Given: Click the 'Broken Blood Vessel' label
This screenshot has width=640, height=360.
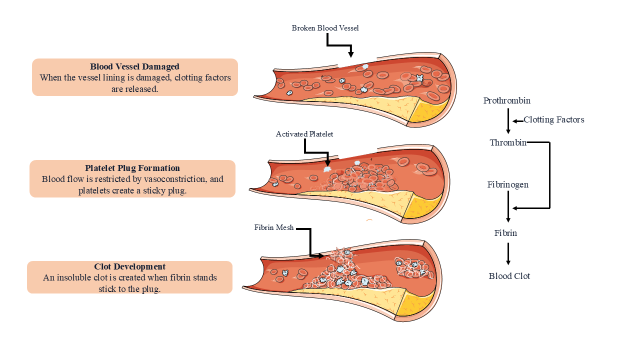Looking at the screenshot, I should [325, 28].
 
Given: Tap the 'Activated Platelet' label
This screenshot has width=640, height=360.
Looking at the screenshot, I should [304, 134].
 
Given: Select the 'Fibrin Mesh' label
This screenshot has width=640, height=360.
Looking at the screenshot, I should [273, 227].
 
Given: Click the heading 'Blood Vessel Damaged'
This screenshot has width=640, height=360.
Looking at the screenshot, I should [134, 66].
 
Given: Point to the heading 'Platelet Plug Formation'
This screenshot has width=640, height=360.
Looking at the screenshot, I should [132, 168].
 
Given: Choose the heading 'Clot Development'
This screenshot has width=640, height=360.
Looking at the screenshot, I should [129, 266].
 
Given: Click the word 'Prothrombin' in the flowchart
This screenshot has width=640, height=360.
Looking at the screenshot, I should [506, 100].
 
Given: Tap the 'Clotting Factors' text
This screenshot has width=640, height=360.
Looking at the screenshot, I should [553, 119].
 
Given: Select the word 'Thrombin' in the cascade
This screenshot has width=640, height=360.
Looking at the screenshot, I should [507, 142].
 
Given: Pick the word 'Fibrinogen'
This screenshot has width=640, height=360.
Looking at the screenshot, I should [507, 184].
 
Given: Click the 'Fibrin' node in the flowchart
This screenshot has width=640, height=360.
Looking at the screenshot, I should [505, 233].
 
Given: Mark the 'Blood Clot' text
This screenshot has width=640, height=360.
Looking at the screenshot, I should [509, 276].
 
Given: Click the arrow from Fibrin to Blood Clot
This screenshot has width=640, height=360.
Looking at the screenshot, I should [508, 254].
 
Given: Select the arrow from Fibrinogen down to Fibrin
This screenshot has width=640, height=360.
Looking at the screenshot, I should [508, 206].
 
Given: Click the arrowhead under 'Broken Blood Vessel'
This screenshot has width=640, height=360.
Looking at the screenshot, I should [351, 53].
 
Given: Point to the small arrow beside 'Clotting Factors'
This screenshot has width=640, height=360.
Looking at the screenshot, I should [517, 120].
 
